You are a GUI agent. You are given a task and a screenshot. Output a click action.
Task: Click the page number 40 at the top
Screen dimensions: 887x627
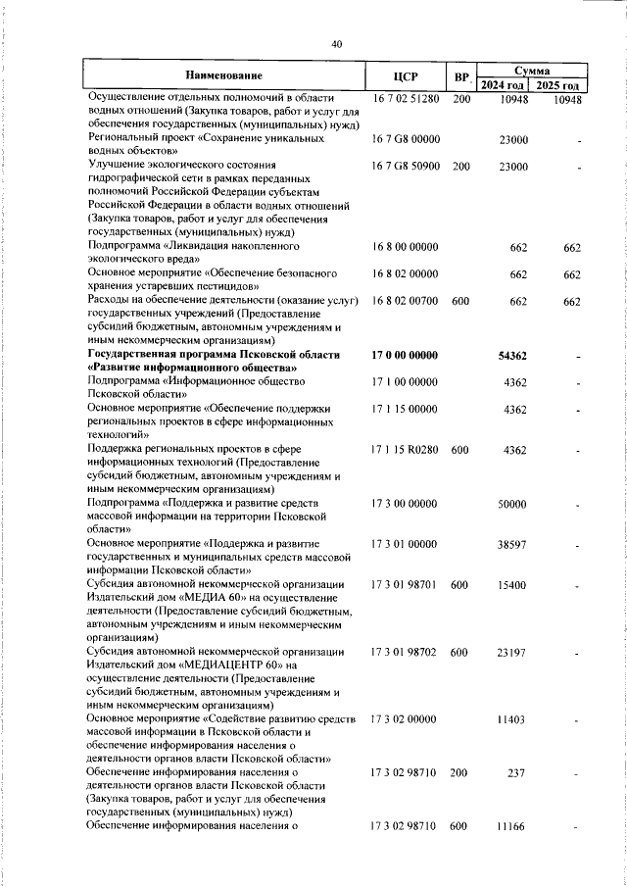click(337, 44)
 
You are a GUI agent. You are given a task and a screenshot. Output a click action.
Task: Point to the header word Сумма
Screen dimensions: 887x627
click(531, 71)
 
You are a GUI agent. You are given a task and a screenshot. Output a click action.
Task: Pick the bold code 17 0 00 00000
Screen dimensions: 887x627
click(406, 354)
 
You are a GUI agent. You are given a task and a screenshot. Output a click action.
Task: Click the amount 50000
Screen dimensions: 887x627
click(513, 504)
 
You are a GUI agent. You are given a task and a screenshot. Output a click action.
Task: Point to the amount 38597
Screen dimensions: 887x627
click(513, 542)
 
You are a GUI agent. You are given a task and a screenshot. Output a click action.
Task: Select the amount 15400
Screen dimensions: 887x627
click(513, 585)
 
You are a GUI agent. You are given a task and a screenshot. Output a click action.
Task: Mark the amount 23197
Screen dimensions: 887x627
click(513, 652)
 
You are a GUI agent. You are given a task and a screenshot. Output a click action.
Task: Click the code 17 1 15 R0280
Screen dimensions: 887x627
click(406, 449)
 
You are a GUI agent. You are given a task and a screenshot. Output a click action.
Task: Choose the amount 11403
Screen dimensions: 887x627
click(513, 720)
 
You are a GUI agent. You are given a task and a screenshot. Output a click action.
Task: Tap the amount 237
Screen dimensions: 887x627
click(518, 773)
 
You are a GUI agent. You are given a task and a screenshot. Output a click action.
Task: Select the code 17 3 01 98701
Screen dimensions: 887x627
click(406, 585)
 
